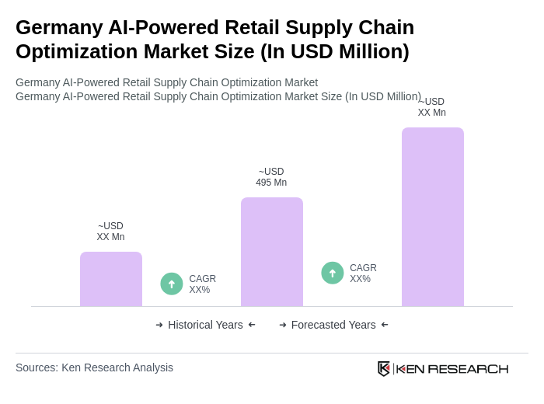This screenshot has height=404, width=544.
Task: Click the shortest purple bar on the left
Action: (x=111, y=279)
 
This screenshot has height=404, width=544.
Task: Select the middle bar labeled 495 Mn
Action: (x=271, y=252)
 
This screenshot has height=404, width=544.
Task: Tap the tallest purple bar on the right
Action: (x=432, y=217)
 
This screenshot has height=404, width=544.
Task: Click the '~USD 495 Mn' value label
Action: (x=271, y=177)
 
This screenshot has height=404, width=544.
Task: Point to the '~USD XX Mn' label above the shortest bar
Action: (x=110, y=232)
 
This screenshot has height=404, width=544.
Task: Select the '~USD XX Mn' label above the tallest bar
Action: (x=431, y=107)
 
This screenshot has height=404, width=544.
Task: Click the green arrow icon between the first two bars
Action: (x=172, y=284)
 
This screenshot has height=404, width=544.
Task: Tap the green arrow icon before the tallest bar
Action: (x=333, y=273)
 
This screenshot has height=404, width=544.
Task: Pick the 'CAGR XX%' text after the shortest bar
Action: (x=202, y=284)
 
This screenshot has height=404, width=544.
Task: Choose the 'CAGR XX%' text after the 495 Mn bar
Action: (x=363, y=273)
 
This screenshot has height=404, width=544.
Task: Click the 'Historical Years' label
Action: (x=205, y=325)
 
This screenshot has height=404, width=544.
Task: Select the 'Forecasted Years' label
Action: (x=333, y=325)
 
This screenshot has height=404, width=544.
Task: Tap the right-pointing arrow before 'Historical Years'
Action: (x=159, y=325)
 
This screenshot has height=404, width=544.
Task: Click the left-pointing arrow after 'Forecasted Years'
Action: (x=385, y=325)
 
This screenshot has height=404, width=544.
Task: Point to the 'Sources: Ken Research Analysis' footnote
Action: (x=94, y=367)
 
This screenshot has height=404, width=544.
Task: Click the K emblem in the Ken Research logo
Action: (x=384, y=368)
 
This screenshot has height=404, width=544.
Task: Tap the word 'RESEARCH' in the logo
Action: (x=468, y=368)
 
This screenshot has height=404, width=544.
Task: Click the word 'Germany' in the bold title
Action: (x=58, y=27)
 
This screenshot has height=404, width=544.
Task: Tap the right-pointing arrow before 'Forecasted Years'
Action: (x=283, y=325)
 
